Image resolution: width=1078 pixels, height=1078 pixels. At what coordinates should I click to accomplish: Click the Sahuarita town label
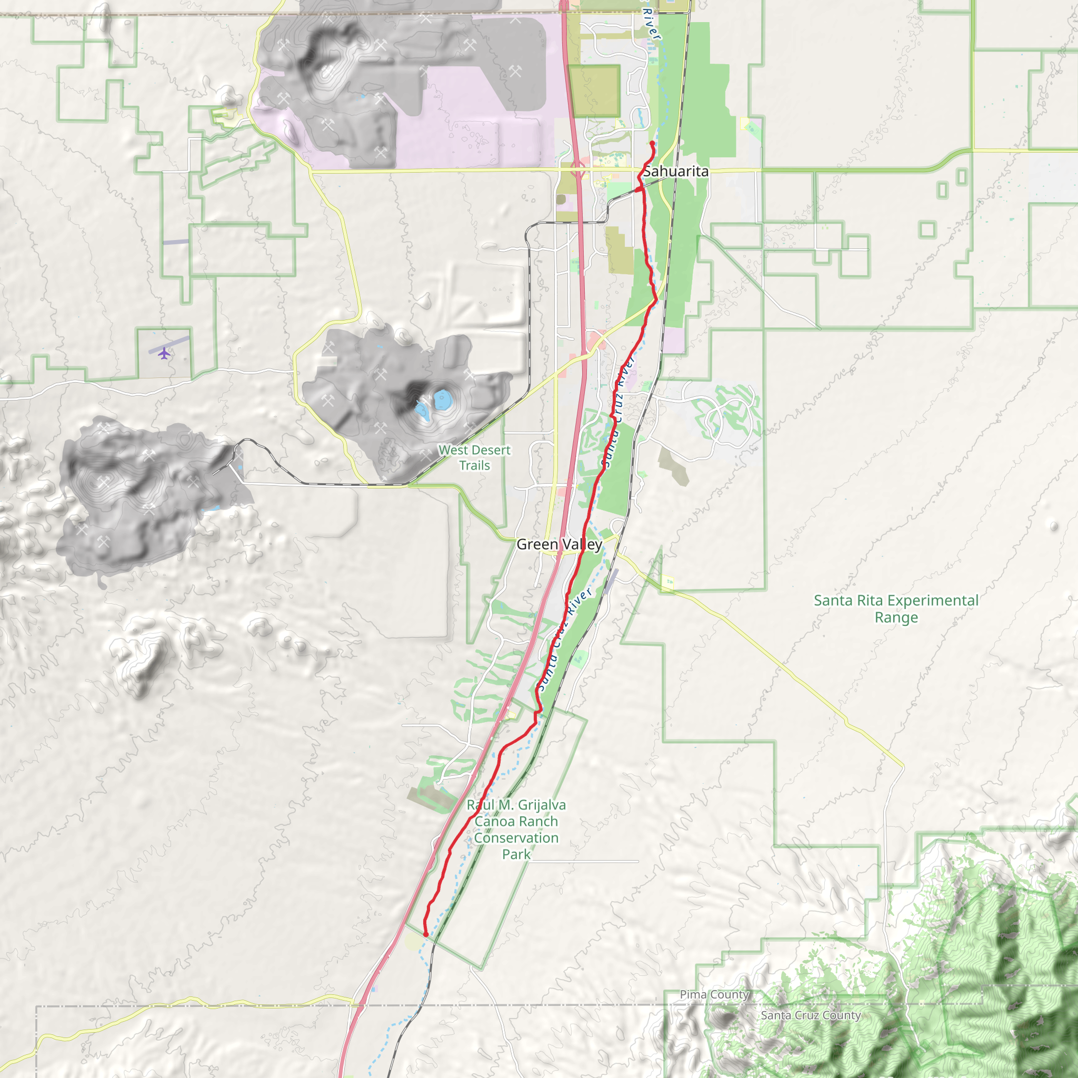point(676,171)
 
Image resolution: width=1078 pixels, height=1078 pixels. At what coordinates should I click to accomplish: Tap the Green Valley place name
point(559,544)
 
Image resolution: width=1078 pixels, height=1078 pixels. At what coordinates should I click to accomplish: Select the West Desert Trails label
point(474,457)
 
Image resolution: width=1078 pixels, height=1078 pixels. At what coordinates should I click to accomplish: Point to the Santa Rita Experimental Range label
point(896,609)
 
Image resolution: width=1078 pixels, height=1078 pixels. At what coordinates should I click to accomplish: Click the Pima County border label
point(714,994)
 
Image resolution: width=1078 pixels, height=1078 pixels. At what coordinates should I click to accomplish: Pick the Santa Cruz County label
point(811,1015)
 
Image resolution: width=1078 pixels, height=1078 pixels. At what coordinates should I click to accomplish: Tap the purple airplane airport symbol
point(164,353)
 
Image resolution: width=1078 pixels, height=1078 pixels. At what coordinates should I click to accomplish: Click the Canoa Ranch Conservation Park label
point(516,829)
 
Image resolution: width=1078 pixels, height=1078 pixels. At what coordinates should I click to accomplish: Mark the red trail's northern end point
point(652,143)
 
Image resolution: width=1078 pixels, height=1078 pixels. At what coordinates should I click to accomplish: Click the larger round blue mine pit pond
point(443,400)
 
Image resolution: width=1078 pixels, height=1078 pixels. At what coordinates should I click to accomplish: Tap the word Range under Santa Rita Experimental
point(896,617)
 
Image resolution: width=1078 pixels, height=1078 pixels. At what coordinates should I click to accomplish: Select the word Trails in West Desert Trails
point(474,465)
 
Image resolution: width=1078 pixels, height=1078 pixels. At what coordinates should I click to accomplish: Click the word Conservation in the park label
point(516,837)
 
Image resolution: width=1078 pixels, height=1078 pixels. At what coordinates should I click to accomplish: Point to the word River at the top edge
point(651,24)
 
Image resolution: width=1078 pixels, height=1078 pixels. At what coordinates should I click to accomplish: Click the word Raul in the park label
point(481,805)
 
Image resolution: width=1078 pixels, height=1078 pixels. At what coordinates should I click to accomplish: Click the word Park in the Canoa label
point(516,854)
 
